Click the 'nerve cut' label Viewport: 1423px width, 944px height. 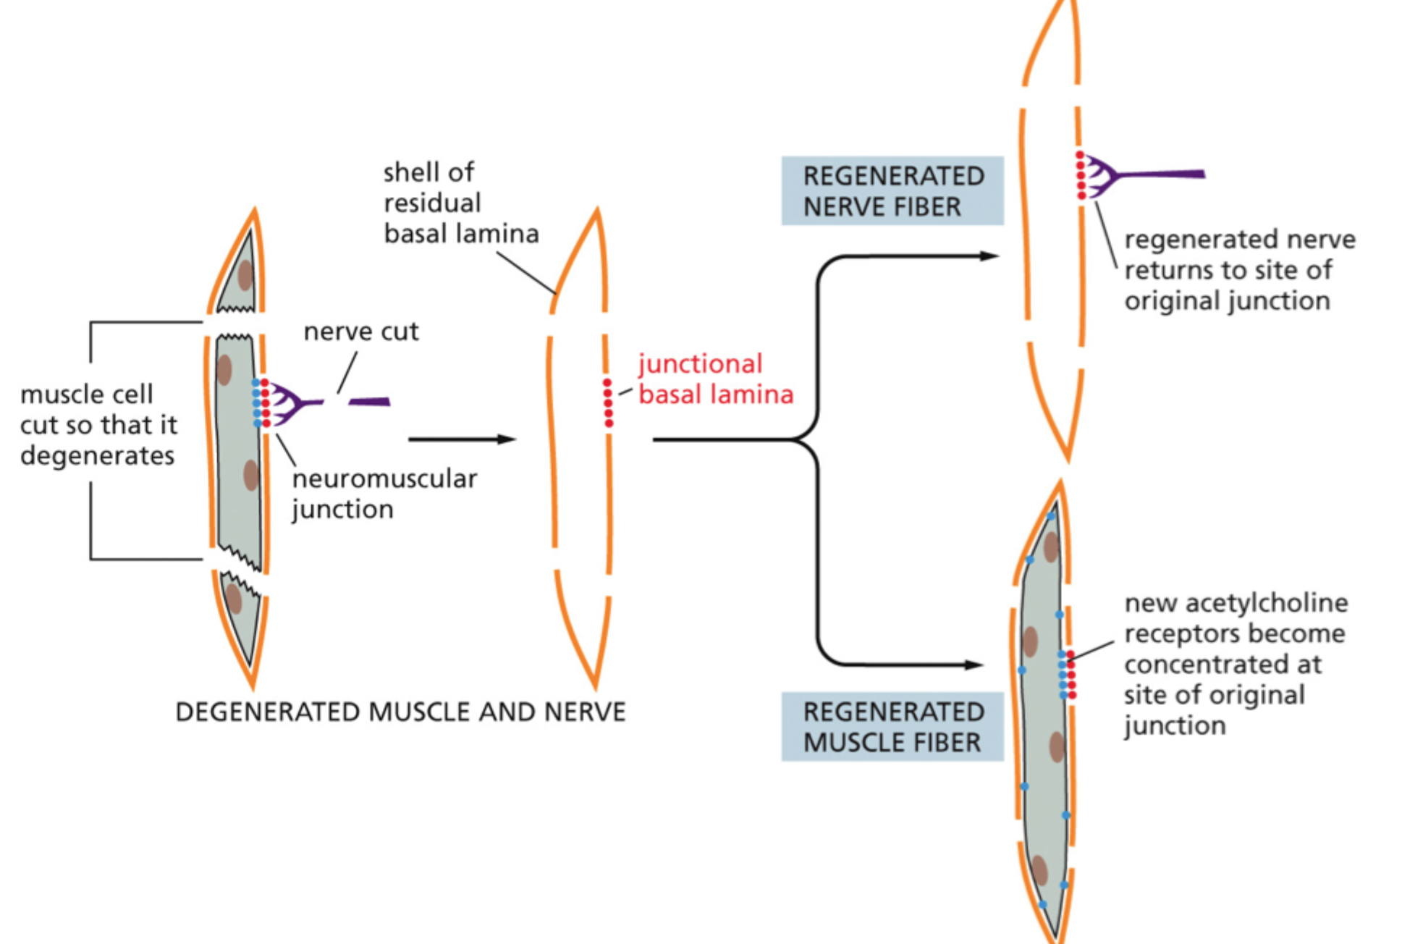(x=360, y=332)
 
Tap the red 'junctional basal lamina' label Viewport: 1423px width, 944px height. (x=714, y=379)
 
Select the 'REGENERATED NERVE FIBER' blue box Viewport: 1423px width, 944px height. (x=892, y=191)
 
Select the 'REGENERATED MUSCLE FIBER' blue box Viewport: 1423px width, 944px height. (x=892, y=727)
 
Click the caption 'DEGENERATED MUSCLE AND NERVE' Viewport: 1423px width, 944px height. (x=400, y=712)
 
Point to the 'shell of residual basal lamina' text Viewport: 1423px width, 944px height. (x=460, y=203)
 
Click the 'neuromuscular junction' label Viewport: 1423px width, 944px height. (x=384, y=494)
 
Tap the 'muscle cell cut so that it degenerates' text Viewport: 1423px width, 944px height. (x=98, y=425)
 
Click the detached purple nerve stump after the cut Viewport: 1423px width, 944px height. (x=369, y=401)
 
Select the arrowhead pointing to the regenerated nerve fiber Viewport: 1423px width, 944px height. (x=989, y=256)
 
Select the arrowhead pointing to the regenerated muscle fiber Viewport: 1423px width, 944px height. (x=973, y=665)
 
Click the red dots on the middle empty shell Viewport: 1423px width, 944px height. (x=608, y=403)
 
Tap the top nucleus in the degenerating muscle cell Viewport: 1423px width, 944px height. (x=245, y=275)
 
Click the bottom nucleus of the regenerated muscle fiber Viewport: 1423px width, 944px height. (x=1039, y=869)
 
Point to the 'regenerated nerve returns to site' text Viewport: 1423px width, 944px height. (x=1238, y=270)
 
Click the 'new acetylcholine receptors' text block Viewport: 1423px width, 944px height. (x=1233, y=664)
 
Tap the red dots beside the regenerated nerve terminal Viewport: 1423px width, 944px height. (x=1081, y=175)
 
